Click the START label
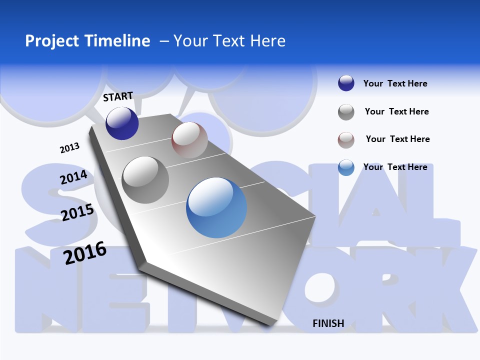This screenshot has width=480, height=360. click(118, 96)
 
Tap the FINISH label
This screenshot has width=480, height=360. click(328, 323)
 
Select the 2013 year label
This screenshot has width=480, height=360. click(70, 148)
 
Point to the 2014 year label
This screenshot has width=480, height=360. click(74, 177)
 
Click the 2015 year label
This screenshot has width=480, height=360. click(77, 212)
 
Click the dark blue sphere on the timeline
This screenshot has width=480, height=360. click(122, 123)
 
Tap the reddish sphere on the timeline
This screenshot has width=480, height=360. click(189, 140)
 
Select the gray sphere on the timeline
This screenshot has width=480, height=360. click(145, 180)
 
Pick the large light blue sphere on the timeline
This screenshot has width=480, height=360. click(216, 208)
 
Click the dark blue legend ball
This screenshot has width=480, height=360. click(346, 83)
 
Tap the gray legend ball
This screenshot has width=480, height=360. click(346, 112)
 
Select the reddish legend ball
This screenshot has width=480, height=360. click(346, 140)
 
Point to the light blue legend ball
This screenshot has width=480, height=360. click(346, 167)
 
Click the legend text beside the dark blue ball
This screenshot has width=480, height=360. click(395, 83)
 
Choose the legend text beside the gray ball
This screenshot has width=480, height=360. click(396, 111)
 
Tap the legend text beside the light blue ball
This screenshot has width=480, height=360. click(395, 167)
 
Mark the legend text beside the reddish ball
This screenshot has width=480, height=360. click(397, 139)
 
